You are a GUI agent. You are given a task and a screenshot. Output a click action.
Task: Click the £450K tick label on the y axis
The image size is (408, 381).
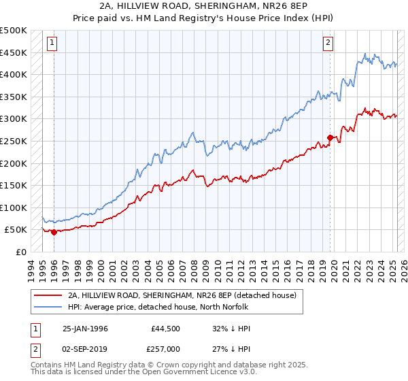pos(14,52)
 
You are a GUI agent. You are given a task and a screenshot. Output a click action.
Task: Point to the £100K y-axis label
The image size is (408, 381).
pos(14,208)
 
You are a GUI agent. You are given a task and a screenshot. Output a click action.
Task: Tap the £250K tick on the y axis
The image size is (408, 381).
pos(14,141)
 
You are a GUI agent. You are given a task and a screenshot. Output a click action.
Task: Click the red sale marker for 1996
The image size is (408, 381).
pos(54,232)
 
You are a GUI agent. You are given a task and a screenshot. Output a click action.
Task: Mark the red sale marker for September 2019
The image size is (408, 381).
pos(330,137)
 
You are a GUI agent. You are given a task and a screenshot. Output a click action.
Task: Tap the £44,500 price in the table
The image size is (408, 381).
pos(166,329)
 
